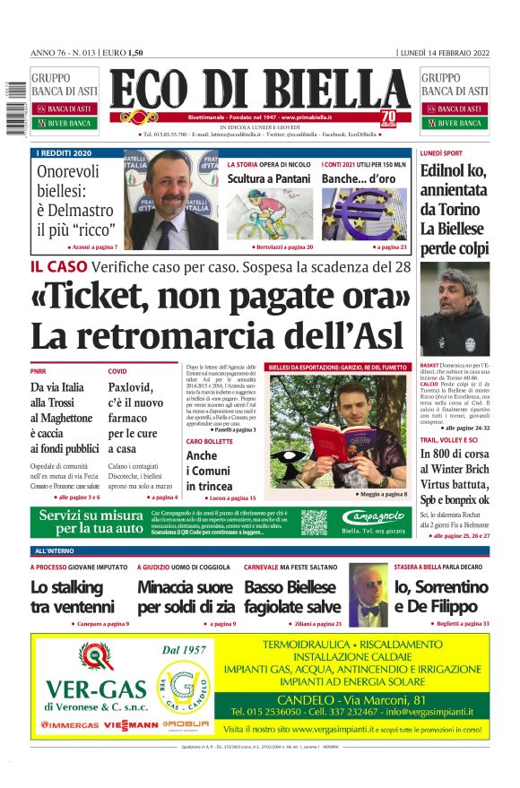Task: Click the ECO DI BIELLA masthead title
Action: click(260, 90)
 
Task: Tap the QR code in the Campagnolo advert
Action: click(314, 523)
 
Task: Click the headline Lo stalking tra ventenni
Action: click(72, 598)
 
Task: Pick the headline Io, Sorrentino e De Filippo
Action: click(441, 598)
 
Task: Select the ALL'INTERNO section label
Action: click(56, 550)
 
